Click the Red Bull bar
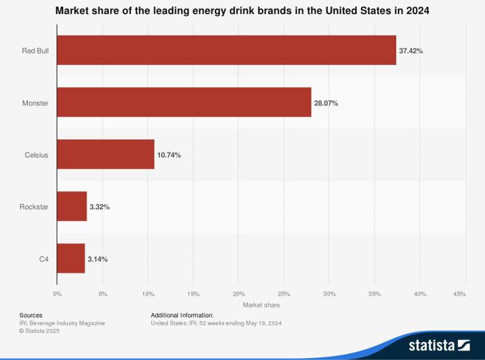pyautogui.click(x=226, y=51)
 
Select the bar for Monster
pyautogui.click(x=184, y=102)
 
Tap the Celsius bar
pyautogui.click(x=105, y=154)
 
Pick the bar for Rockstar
pyautogui.click(x=71, y=206)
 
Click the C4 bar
pyautogui.click(x=71, y=258)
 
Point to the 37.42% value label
pyautogui.click(x=411, y=51)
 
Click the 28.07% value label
pyautogui.click(x=326, y=103)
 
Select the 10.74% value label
pyautogui.click(x=169, y=155)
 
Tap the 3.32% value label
pyautogui.click(x=100, y=207)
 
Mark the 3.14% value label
pyautogui.click(x=98, y=259)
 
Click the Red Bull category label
pyautogui.click(x=35, y=51)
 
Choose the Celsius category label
pyautogui.click(x=37, y=155)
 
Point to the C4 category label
pyautogui.click(x=44, y=259)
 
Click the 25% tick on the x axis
pyautogui.click(x=283, y=294)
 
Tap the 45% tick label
pyautogui.click(x=459, y=294)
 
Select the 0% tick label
pyautogui.click(x=57, y=294)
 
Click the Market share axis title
pyautogui.click(x=261, y=305)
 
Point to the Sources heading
pyautogui.click(x=30, y=315)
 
